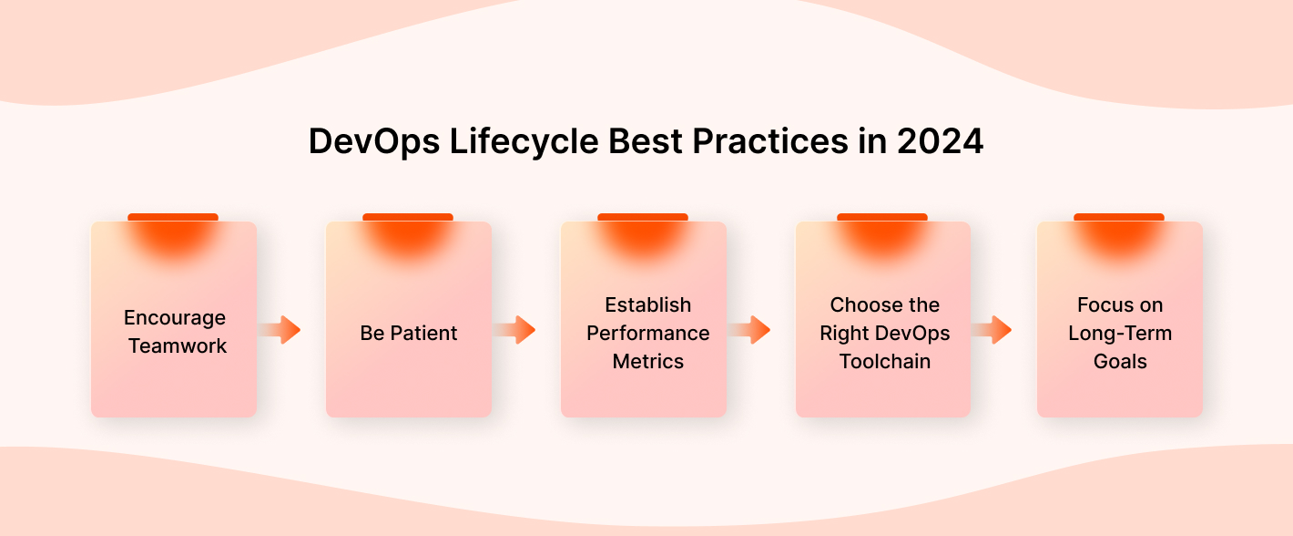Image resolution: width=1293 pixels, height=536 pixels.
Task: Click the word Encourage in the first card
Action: point(175,318)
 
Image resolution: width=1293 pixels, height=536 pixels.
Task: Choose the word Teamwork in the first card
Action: point(178,346)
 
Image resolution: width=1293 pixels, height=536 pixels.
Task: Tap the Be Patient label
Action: point(409,334)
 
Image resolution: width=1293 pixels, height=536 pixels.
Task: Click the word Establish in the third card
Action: point(647,305)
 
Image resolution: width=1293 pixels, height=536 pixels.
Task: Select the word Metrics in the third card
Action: point(647,362)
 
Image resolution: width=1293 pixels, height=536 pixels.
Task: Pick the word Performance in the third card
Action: point(647,334)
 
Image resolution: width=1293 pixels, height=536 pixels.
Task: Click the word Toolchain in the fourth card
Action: point(884,362)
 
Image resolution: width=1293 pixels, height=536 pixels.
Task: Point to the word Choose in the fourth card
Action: point(860,305)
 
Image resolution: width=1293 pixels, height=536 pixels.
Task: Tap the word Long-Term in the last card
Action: point(1120,334)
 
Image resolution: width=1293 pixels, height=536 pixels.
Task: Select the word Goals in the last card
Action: point(1120,362)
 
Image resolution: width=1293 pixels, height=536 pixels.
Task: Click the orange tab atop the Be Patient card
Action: point(408,218)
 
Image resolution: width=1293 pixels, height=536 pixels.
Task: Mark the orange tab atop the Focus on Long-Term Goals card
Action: point(1118,218)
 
